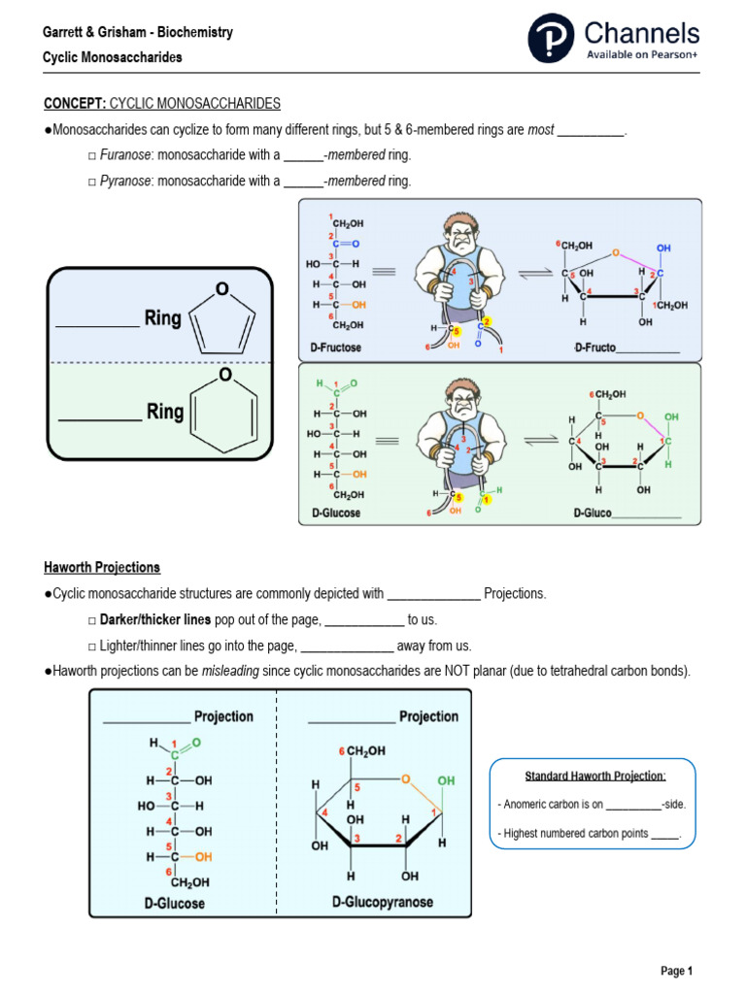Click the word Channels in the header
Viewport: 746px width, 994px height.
[641, 33]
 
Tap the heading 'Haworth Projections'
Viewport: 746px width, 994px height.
[102, 567]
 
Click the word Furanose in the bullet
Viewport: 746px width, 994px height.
[125, 155]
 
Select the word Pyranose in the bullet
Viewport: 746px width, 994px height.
[125, 181]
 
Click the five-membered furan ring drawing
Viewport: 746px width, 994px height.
[223, 318]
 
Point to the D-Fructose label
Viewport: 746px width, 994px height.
[335, 348]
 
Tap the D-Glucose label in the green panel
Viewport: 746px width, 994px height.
[335, 513]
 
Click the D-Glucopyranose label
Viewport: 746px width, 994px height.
[383, 903]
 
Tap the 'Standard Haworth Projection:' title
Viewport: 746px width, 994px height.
[594, 777]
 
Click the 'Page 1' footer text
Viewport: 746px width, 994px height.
[676, 971]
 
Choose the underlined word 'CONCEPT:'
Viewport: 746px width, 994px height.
[75, 103]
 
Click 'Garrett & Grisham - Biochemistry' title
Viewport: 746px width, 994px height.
[138, 33]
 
